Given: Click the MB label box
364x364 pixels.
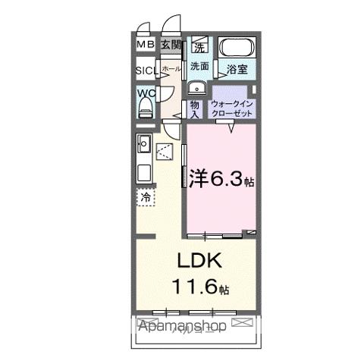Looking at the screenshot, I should click(x=146, y=45).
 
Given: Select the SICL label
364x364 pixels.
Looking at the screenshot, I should click(x=146, y=71).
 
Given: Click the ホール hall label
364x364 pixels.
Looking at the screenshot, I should click(x=171, y=68).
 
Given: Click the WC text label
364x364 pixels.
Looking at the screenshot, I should click(x=146, y=94).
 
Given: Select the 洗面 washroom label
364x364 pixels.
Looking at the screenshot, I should click(x=199, y=66).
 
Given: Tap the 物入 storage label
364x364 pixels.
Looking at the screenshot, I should click(x=195, y=108).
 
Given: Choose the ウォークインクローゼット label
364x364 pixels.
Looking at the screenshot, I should click(x=234, y=107).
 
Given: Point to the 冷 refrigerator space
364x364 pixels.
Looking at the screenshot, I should click(x=146, y=197).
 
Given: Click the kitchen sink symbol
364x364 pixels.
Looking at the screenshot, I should click(x=144, y=141).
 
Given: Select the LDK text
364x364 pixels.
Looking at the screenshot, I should click(x=199, y=262).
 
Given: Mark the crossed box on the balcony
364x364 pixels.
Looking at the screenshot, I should click(x=243, y=325).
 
